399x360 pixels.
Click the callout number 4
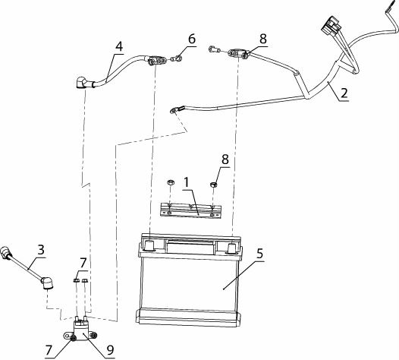click(119, 47)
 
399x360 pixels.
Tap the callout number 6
click(192, 39)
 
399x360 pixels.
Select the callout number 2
click(344, 93)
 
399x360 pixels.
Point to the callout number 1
click(187, 182)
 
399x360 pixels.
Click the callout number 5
click(259, 254)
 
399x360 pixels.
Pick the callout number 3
click(41, 250)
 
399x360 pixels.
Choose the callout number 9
click(110, 350)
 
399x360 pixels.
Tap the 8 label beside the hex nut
click(225, 159)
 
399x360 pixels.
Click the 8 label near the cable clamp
click(263, 39)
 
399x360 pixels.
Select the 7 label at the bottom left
click(49, 350)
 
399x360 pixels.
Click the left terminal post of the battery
click(149, 245)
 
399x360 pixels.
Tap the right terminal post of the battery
click(233, 248)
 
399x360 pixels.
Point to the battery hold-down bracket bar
click(190, 210)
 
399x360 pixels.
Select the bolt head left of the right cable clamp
click(215, 49)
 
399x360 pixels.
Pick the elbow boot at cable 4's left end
click(82, 83)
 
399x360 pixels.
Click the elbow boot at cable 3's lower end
click(47, 283)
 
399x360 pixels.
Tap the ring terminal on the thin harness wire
click(175, 110)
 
